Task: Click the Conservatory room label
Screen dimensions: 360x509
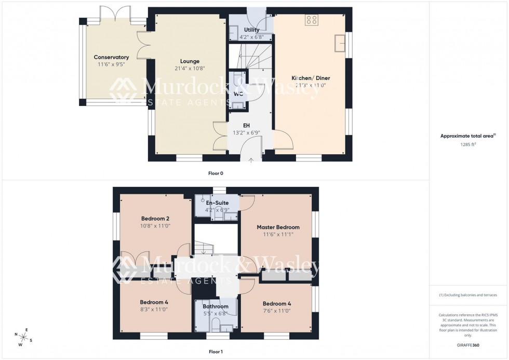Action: (x=111, y=57)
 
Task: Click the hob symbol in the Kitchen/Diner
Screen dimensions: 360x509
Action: (x=312, y=20)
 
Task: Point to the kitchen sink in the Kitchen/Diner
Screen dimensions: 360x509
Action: (x=341, y=43)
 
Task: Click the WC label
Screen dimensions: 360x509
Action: (x=238, y=94)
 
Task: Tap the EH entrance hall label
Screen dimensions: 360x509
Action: (x=247, y=125)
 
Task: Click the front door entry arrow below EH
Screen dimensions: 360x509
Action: (x=251, y=159)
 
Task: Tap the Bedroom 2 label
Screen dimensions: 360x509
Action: (x=155, y=218)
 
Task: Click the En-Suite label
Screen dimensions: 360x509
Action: (x=217, y=203)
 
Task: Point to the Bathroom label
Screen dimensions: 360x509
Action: (x=216, y=306)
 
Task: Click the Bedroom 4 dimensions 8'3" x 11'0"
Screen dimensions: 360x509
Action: (x=154, y=309)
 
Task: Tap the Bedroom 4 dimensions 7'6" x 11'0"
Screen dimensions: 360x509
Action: (x=276, y=311)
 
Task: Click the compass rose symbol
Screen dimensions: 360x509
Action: (x=24, y=336)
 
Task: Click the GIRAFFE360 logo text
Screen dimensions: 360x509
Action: (x=468, y=344)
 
